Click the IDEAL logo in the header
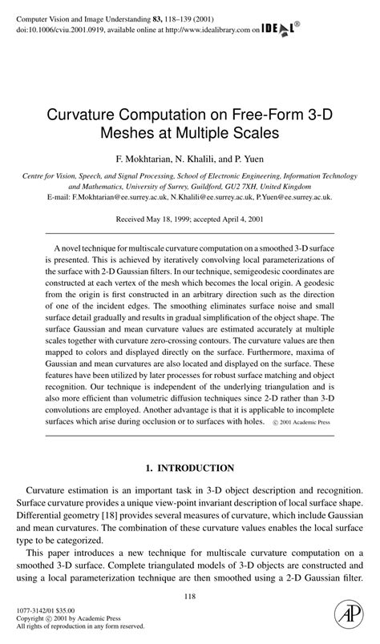(x=280, y=29)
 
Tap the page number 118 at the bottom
(x=190, y=595)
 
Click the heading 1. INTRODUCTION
(x=190, y=468)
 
